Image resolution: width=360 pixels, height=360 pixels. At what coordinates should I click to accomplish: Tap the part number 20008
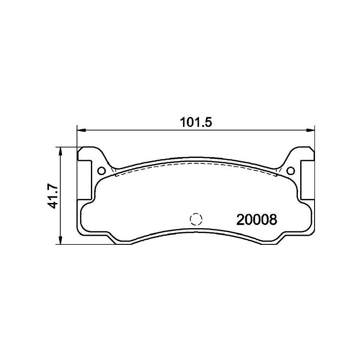tap(256, 220)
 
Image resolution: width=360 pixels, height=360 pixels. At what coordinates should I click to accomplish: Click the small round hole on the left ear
tap(101, 171)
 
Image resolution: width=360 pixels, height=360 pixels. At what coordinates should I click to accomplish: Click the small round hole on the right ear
tap(290, 171)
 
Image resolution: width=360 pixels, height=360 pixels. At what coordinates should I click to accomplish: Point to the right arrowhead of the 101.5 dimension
tap(310, 130)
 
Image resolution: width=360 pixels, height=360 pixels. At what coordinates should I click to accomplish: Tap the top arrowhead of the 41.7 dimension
tap(60, 150)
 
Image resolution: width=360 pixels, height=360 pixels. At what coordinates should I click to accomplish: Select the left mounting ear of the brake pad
tap(88, 173)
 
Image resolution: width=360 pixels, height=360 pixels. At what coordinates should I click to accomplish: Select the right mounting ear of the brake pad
tap(304, 173)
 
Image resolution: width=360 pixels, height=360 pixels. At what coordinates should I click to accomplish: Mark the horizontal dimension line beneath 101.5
tap(135, 130)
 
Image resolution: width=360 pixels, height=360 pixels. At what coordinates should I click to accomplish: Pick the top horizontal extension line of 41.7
tap(67, 147)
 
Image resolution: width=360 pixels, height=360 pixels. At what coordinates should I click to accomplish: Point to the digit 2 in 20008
tap(240, 220)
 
